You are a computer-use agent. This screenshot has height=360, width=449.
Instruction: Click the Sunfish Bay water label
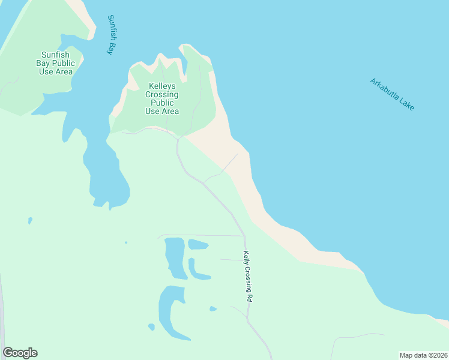pos(111,35)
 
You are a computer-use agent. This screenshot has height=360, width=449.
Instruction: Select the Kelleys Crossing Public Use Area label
pos(162,98)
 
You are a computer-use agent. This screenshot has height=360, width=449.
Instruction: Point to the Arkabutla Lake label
pos(392,94)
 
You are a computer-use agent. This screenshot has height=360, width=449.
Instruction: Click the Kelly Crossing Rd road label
pos(247,276)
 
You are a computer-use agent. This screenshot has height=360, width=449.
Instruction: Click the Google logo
pos(20,353)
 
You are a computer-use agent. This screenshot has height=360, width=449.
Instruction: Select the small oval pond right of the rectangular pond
pos(197,245)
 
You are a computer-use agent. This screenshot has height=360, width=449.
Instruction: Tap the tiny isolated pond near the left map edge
pos(30,221)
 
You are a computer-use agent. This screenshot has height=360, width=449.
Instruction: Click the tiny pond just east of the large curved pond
pos(213,309)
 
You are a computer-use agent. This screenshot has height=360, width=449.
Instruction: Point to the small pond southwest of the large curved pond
pos(151,327)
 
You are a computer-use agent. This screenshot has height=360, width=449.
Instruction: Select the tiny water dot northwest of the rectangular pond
pos(126,242)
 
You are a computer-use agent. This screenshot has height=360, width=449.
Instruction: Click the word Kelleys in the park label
pos(162,86)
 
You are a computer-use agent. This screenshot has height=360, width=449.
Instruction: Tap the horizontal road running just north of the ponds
pos(204,235)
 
